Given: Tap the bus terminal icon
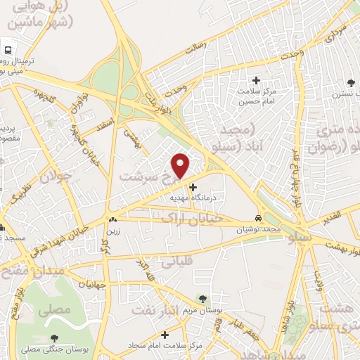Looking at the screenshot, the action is point(7,51).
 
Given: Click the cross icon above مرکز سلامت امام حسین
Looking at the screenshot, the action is point(256,81).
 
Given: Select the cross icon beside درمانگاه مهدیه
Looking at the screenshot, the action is point(193,187).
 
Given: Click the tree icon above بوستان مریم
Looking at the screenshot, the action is point(203,300).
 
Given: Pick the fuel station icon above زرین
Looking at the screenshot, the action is point(112,219).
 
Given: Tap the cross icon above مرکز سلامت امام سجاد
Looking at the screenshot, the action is point(164,335).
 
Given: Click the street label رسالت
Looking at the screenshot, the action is point(193,49).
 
